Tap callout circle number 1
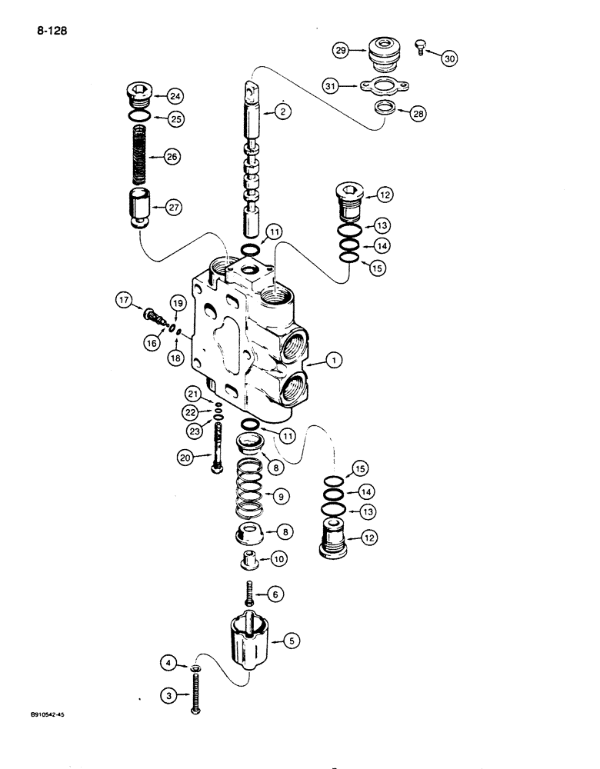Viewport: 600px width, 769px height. pyautogui.click(x=332, y=360)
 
